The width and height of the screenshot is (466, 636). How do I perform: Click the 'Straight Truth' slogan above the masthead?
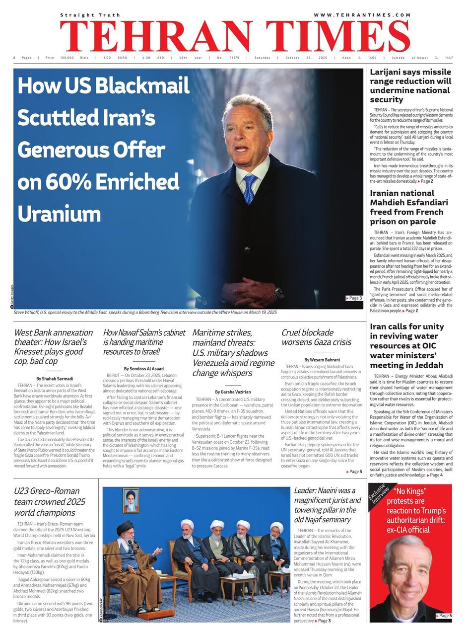[83, 15]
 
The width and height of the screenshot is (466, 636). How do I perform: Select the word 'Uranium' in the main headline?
[59, 214]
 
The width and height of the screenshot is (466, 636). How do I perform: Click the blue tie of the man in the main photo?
[249, 188]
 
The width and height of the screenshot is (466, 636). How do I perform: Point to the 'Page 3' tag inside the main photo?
[354, 298]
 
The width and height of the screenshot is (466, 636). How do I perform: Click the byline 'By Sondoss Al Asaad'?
[144, 369]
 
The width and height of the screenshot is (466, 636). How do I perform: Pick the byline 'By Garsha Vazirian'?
[233, 392]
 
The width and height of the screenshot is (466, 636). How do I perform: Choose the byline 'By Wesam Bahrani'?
[322, 360]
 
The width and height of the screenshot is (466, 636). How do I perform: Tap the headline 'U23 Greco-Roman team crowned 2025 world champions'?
[50, 503]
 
